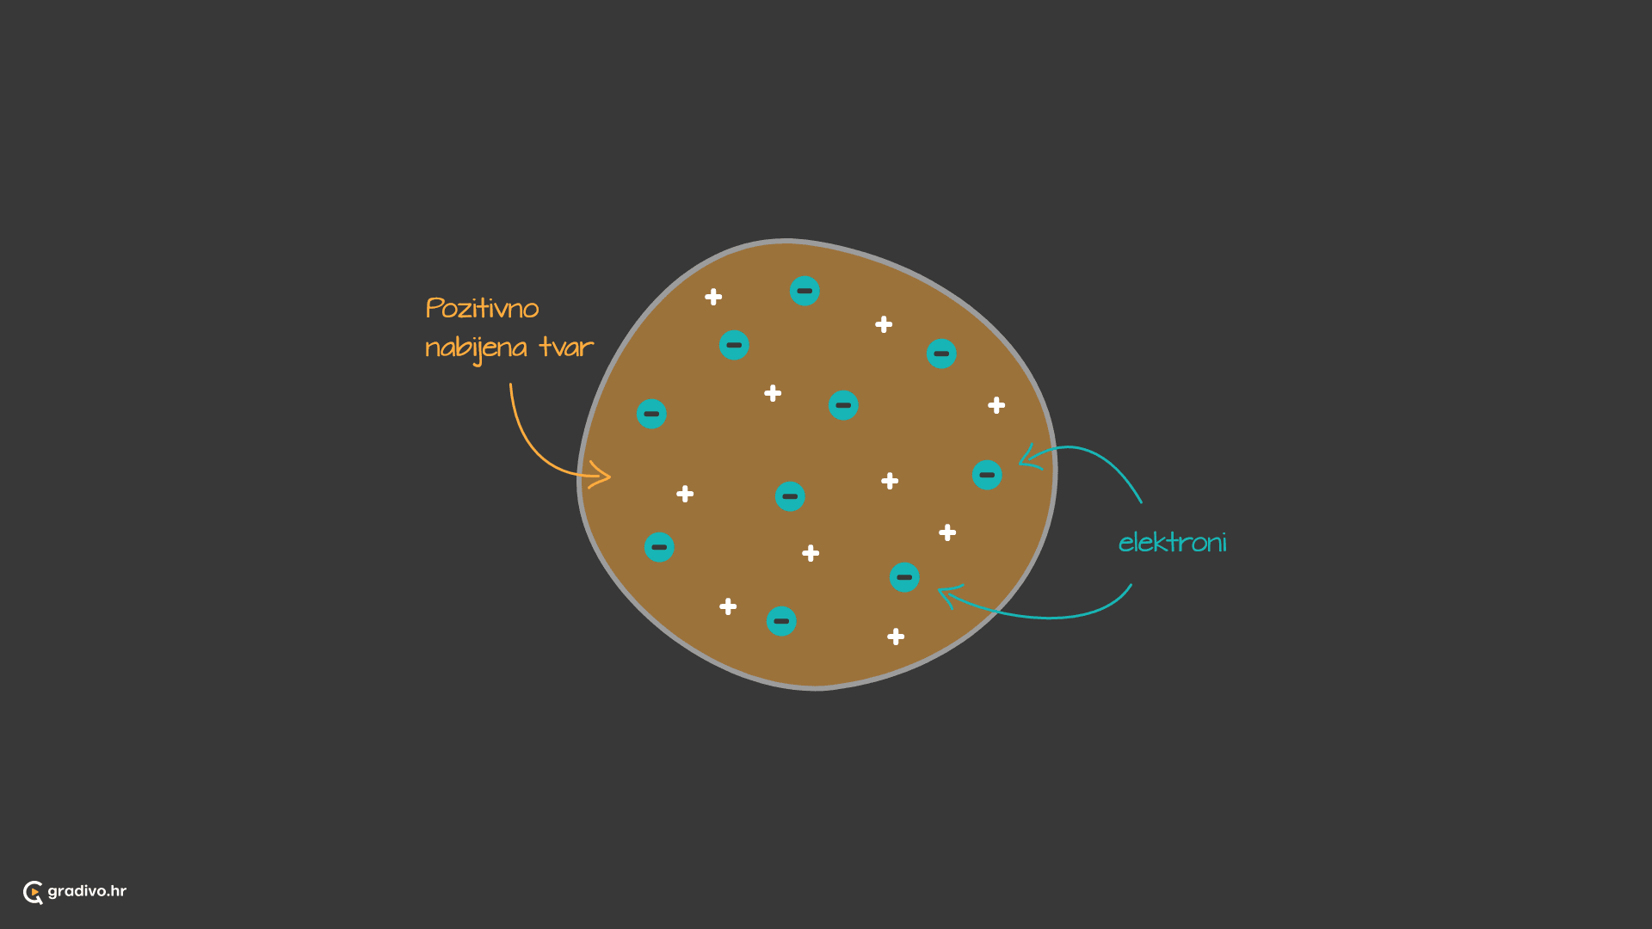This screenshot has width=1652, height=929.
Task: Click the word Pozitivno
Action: (x=482, y=308)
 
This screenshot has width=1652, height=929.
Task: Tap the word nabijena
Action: (x=476, y=348)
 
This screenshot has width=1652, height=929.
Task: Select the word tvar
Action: (x=566, y=347)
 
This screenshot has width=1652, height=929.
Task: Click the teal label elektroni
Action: (x=1172, y=542)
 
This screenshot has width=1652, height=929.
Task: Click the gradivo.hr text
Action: (x=87, y=891)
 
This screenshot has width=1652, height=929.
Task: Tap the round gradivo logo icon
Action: (x=33, y=892)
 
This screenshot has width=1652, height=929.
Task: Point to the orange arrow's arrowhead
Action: (x=599, y=475)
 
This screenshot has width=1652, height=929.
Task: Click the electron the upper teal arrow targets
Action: (x=987, y=475)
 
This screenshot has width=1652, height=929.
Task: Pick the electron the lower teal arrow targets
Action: (x=904, y=577)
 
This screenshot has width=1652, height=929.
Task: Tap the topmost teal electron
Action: (x=804, y=291)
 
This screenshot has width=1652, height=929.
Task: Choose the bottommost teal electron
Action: (x=781, y=621)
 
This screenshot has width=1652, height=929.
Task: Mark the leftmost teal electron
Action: (x=651, y=414)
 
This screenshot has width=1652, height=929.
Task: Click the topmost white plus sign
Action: (x=713, y=297)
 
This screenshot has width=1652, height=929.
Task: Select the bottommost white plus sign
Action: (x=896, y=637)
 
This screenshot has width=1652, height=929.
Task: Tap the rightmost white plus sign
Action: (x=996, y=405)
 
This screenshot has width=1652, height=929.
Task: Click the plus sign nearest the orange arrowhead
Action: (x=685, y=494)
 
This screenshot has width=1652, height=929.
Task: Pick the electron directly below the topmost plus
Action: (x=734, y=345)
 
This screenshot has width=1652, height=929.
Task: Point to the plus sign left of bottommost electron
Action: (x=728, y=606)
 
